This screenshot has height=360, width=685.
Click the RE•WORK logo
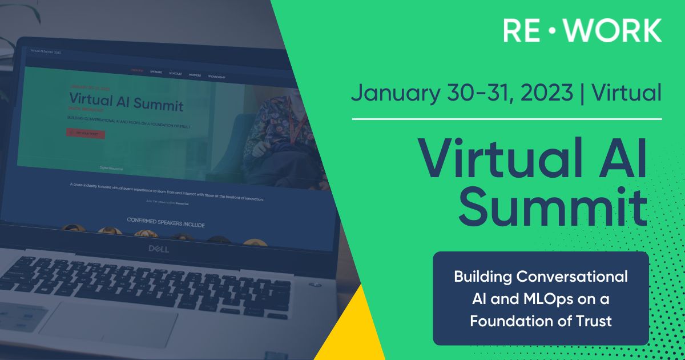pos(582,30)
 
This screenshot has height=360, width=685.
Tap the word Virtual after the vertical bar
pos(627,92)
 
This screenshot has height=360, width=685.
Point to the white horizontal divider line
pos(507,119)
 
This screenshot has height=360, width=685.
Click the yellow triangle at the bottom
pos(354,331)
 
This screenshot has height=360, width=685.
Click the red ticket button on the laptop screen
pos(85,134)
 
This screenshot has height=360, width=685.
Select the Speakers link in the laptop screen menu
pos(156,73)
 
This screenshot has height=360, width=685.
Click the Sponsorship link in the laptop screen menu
pos(216,76)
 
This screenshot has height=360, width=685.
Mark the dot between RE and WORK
pos(551,30)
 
